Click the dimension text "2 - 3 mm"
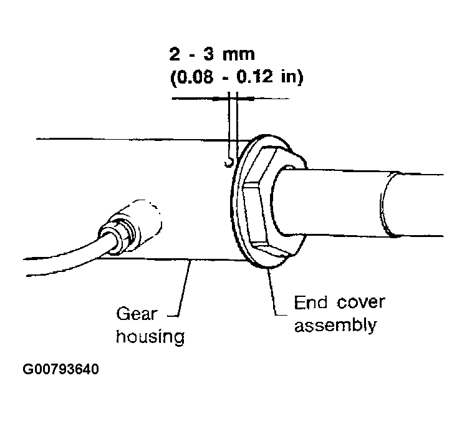point(212,54)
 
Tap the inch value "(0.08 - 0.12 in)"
point(237,77)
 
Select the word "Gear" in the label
point(136,314)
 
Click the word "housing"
point(150,337)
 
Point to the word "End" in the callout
point(311,302)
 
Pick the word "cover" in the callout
point(361,303)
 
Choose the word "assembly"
point(335,326)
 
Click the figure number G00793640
point(60,369)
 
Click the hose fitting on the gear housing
point(130,228)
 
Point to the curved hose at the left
point(65,259)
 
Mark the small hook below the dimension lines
point(229,163)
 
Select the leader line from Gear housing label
point(182,288)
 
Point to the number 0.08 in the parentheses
point(195,77)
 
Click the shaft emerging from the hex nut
point(357,203)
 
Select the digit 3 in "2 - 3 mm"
point(208,54)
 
